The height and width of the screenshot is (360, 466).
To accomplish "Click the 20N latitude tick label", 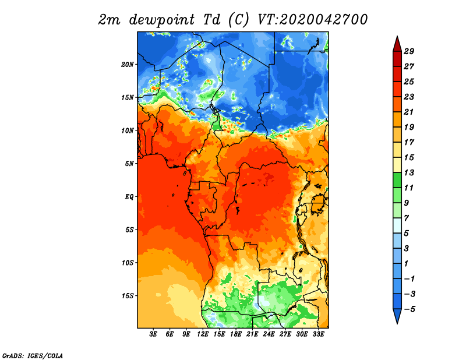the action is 127,65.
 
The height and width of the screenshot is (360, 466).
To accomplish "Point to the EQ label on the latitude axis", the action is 129,197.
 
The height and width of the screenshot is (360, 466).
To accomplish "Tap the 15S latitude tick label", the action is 127,296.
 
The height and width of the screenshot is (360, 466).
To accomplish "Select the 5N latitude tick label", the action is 129,164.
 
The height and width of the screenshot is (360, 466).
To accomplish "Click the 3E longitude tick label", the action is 153,334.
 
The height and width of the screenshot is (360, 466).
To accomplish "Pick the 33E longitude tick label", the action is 318,334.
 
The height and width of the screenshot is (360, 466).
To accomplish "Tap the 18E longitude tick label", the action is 236,334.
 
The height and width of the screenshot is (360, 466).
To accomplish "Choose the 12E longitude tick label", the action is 203,334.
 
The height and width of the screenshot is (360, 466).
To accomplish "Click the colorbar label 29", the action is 409,51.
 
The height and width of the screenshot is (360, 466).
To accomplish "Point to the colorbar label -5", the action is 409,309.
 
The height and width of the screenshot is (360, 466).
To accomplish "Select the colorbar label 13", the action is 409,172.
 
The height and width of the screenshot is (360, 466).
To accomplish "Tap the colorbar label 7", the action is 406,218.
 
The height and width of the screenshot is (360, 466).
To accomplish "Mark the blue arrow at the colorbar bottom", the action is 397,315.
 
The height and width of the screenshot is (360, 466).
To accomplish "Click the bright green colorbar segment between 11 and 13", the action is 397,180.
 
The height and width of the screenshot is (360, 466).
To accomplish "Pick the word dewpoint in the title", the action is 162,20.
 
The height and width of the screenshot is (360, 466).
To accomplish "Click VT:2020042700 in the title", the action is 312,20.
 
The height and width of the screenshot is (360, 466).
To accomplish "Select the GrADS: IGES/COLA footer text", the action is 33,356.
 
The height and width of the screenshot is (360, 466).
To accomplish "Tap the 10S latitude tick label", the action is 127,263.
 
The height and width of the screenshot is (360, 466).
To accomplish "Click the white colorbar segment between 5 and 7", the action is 397,225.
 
